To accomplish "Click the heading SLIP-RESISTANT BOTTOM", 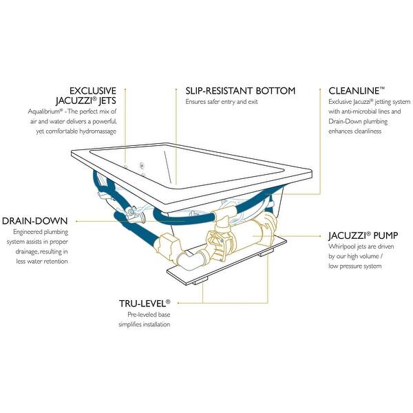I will click(240, 90).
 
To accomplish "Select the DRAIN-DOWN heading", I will click(34, 220).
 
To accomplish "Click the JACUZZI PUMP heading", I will click(362, 235).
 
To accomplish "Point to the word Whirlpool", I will click(342, 246).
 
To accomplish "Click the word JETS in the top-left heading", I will click(105, 100).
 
